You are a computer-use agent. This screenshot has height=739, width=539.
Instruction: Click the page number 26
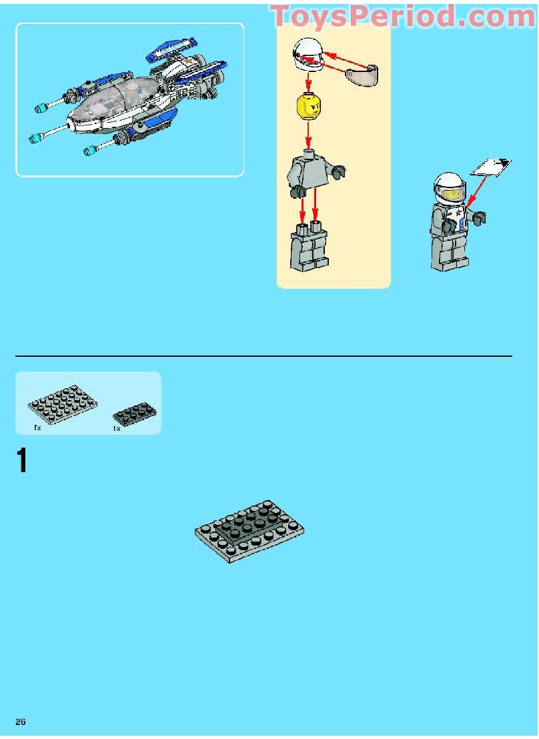point(21,722)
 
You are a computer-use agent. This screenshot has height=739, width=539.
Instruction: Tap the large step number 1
point(23,462)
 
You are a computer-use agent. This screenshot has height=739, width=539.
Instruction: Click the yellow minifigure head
point(308,107)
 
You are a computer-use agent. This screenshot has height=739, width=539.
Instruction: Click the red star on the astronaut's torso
point(460,214)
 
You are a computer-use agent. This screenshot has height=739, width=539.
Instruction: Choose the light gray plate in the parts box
point(62,405)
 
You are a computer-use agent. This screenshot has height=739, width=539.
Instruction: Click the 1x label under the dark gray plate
point(117,429)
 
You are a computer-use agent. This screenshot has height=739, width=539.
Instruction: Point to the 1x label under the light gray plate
point(37,428)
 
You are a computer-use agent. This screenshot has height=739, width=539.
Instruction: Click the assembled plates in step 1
point(249,530)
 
